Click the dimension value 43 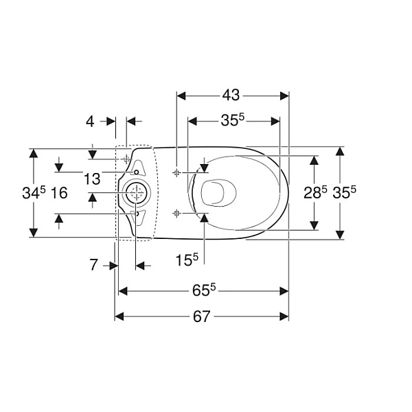[231, 95]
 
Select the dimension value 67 [201, 317]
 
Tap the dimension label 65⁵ [204, 290]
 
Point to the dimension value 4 [90, 122]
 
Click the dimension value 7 [94, 265]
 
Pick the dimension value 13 [92, 179]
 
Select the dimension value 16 [59, 193]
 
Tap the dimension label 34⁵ [34, 192]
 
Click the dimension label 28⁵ [315, 192]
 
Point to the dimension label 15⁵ [187, 260]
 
